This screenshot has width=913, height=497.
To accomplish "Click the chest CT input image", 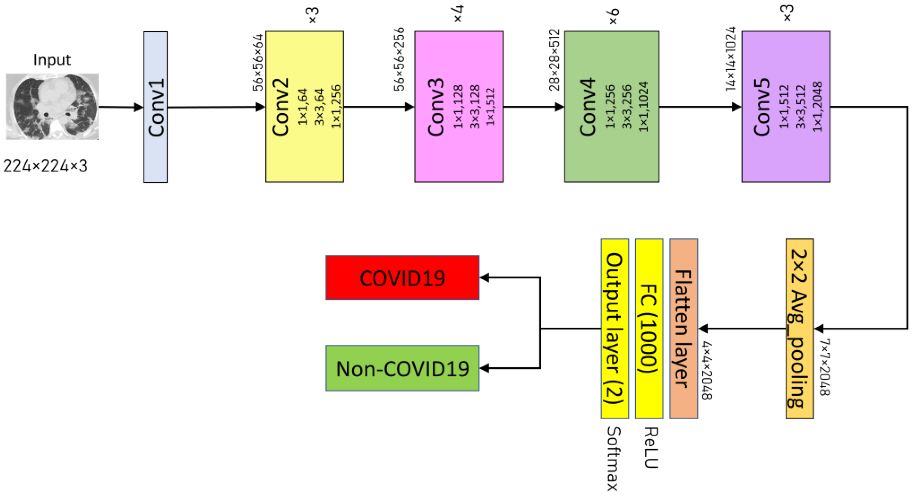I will coord(52,106).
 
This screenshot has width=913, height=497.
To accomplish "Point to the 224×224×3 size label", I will coord(45,166).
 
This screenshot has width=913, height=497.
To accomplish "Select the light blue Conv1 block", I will coord(155,107).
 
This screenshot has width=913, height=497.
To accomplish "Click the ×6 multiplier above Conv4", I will coord(613,16).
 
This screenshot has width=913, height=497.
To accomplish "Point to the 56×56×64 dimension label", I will coord(258,62).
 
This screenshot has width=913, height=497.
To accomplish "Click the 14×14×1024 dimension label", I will coord(730,59).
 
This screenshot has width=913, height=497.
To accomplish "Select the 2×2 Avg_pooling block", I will coord(799,328).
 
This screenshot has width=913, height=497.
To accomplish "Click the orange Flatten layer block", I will coord(683,328).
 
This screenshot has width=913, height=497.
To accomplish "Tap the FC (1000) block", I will coord(649,328).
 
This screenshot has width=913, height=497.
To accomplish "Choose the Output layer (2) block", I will coord(614,328).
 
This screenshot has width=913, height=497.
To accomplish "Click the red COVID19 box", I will coord(402,277).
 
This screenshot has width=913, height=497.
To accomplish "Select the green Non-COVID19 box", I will coord(402,368).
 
